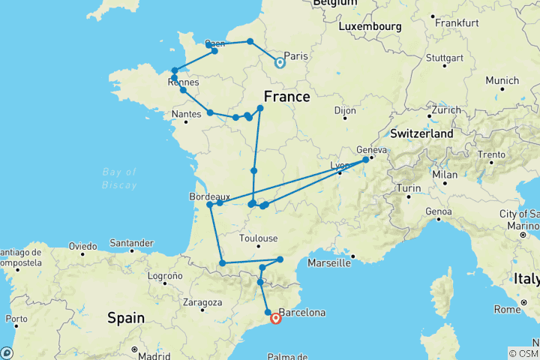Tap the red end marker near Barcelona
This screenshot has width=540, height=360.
(x=276, y=318)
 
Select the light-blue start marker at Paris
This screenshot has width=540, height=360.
(x=280, y=62)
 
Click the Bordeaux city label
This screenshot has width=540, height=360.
(x=209, y=196)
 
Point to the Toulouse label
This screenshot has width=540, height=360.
(x=257, y=240)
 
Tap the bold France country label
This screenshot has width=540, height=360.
(x=286, y=97)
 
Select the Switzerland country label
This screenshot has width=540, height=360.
(x=421, y=133)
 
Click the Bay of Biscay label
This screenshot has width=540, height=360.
(x=119, y=178)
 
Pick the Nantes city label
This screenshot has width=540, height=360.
(x=187, y=113)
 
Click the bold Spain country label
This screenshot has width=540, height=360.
(x=125, y=318)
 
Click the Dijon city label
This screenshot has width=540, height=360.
(x=345, y=110)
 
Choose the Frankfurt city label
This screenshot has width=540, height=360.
(x=455, y=22)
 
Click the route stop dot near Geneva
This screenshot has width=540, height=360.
(x=366, y=160)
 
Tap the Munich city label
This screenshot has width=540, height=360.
(x=502, y=80)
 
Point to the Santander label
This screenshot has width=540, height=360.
(x=132, y=243)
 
